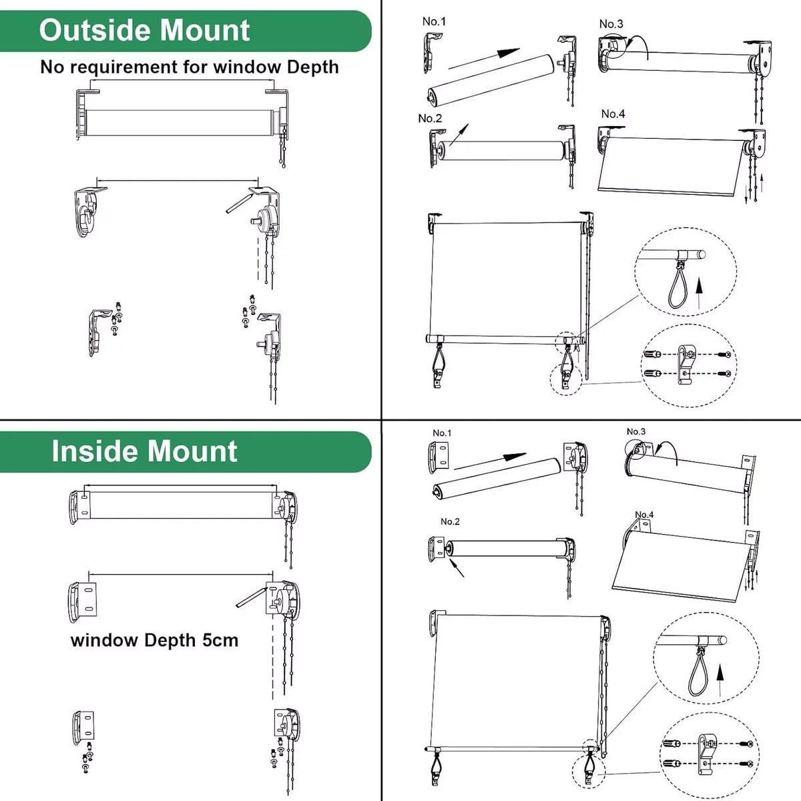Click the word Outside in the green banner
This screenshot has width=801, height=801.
[95, 31]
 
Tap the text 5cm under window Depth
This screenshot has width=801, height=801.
[220, 640]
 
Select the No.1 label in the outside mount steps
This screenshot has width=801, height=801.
[434, 21]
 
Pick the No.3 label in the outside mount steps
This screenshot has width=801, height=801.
[611, 24]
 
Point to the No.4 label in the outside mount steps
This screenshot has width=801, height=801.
[613, 113]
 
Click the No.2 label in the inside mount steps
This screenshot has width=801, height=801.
[450, 521]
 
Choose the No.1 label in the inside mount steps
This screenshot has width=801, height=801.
[442, 433]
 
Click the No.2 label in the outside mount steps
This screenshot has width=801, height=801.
[430, 118]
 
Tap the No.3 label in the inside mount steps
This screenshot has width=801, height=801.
[636, 431]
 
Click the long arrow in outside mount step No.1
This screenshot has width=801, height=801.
[483, 58]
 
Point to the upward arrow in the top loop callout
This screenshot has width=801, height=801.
[699, 294]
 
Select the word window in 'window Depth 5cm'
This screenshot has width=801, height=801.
[104, 640]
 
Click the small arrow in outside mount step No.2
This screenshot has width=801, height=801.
[459, 134]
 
